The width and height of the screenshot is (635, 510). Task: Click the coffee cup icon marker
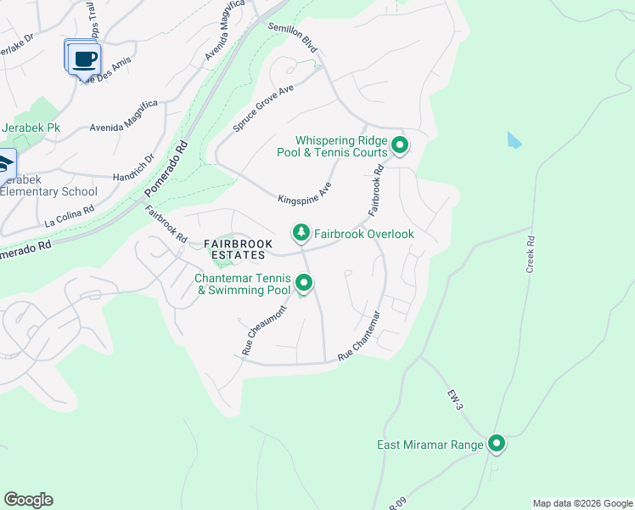pos(82,59)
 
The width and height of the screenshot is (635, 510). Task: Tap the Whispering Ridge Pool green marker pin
pos(399,146)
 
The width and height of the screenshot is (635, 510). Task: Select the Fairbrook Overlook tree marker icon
pos(300,232)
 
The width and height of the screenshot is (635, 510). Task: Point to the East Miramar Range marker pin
pos(496,444)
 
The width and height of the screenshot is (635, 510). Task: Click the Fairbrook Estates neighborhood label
pos(239,249)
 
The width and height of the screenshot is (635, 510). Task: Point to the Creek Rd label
pos(531,255)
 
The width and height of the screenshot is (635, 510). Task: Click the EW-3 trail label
pos(456,399)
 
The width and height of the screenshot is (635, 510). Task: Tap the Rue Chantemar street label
pos(358,343)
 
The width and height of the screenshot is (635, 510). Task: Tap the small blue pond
pos(514,140)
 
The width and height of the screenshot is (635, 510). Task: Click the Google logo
pos(28,500)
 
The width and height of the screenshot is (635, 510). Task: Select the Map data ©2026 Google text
pos(582,503)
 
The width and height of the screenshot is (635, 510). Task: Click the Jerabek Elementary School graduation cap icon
pos(4,162)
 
